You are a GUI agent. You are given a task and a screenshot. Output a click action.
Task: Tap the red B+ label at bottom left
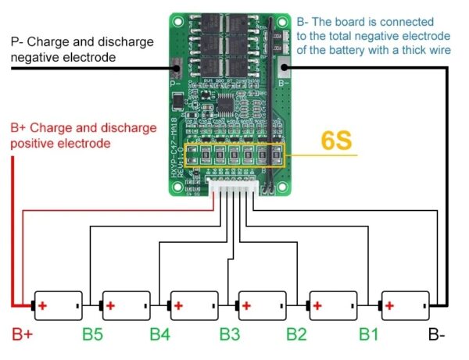(22, 336)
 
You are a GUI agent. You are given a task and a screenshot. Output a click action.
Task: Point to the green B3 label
(230, 336)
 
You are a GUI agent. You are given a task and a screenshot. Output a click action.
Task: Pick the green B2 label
(297, 336)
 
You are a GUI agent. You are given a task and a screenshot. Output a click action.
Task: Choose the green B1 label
(369, 336)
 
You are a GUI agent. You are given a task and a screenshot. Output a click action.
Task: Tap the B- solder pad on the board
(283, 68)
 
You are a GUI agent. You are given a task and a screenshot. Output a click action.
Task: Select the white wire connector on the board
(233, 184)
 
